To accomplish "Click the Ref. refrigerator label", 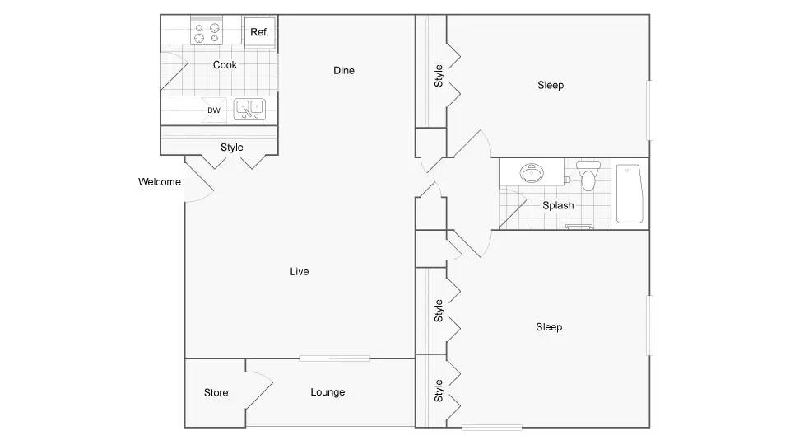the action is pyautogui.click(x=259, y=32).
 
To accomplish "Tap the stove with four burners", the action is pyautogui.click(x=207, y=33).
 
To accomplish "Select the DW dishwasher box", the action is pyautogui.click(x=214, y=110).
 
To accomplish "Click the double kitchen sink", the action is pyautogui.click(x=249, y=110).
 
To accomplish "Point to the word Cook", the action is pyautogui.click(x=225, y=64).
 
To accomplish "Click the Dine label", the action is pyautogui.click(x=344, y=71).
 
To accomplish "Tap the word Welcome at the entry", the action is pyautogui.click(x=159, y=181).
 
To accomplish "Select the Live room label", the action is pyautogui.click(x=300, y=271).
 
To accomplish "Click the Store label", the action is pyautogui.click(x=216, y=392).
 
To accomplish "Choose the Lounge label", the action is pyautogui.click(x=328, y=392).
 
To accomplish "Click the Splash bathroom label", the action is pyautogui.click(x=558, y=205).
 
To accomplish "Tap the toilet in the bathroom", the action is pyautogui.click(x=588, y=175).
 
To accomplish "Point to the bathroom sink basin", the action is pyautogui.click(x=532, y=173).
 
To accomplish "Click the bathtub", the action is pyautogui.click(x=630, y=193).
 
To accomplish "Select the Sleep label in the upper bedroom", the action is pyautogui.click(x=551, y=85).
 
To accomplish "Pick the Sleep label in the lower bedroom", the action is pyautogui.click(x=549, y=327).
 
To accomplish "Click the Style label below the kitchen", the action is pyautogui.click(x=232, y=148).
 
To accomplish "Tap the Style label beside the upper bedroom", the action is pyautogui.click(x=439, y=76).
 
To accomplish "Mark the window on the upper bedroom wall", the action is pyautogui.click(x=649, y=110).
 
